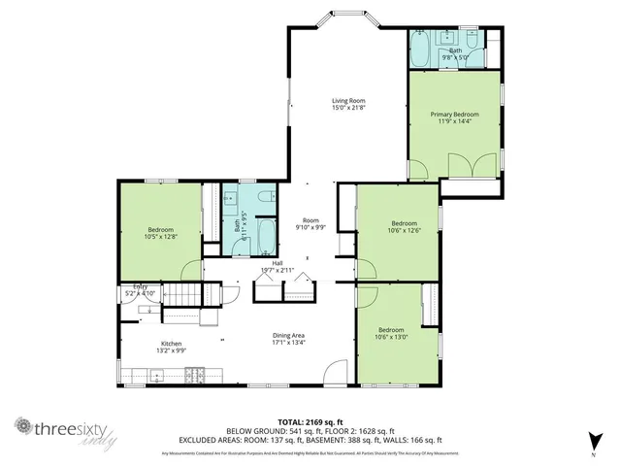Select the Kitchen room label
coord(171,344)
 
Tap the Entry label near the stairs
coord(141,286)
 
